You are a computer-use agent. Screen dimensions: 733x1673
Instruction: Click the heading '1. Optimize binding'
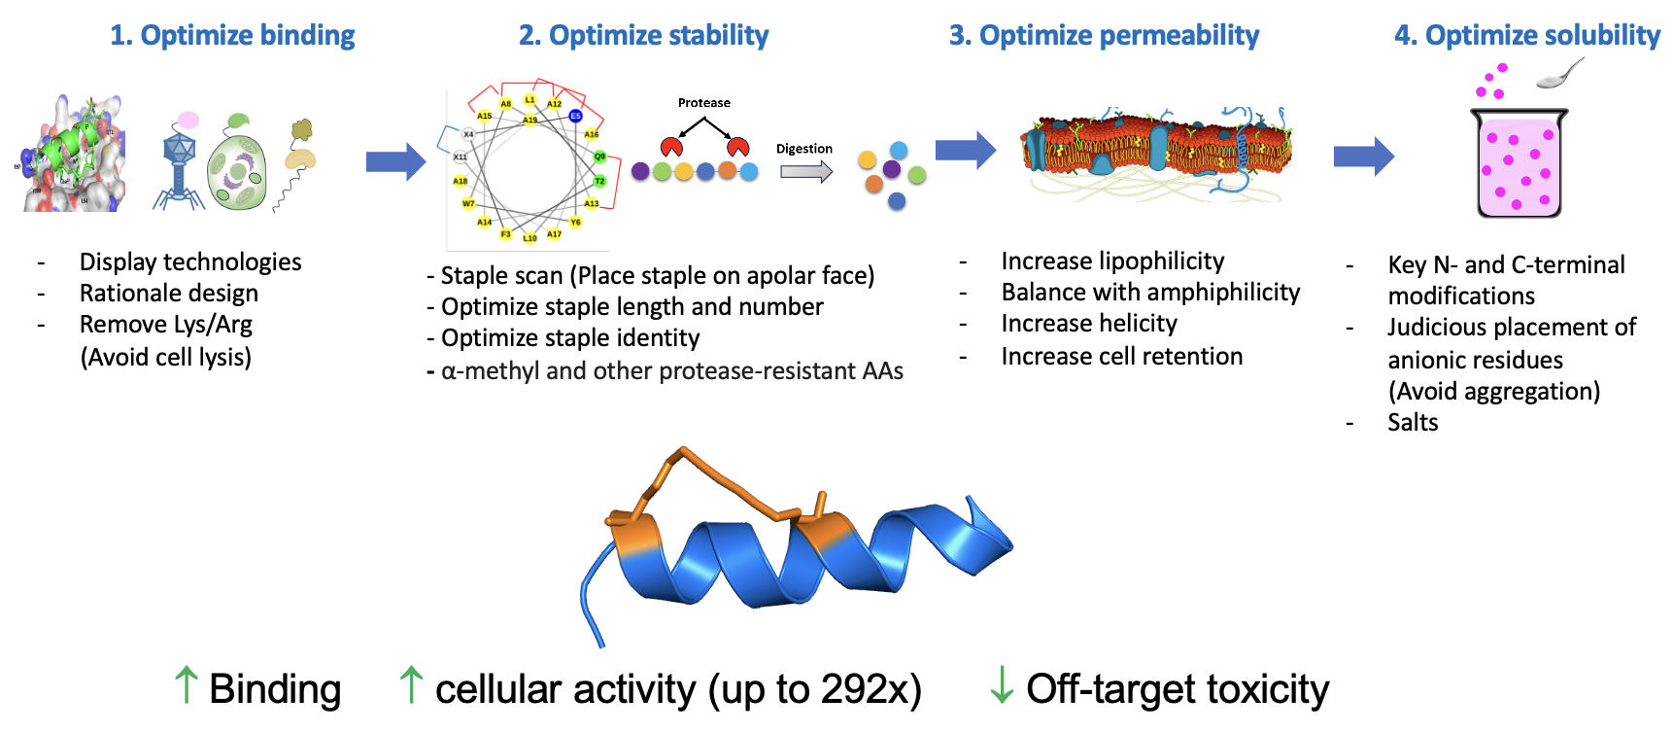pyautogui.click(x=232, y=35)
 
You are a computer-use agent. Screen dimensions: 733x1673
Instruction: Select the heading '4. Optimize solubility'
pyautogui.click(x=1526, y=35)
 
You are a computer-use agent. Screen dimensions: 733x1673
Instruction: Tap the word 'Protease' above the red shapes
pyautogui.click(x=703, y=102)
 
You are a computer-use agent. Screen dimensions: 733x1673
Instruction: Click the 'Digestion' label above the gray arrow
pyautogui.click(x=803, y=149)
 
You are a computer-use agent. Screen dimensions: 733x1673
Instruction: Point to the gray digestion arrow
pyautogui.click(x=805, y=172)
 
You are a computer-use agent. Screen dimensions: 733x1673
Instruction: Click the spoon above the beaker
pyautogui.click(x=1560, y=74)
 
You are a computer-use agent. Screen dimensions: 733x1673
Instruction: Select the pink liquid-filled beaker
pyautogui.click(x=1519, y=163)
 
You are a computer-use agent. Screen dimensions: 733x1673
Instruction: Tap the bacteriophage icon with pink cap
pyautogui.click(x=179, y=161)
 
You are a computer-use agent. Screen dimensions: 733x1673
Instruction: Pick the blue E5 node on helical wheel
pyautogui.click(x=575, y=116)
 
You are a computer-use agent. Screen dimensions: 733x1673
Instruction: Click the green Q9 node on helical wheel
pyautogui.click(x=599, y=157)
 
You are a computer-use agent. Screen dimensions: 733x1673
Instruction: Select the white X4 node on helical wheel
pyautogui.click(x=468, y=134)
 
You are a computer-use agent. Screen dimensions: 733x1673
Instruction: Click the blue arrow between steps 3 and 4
pyautogui.click(x=1363, y=156)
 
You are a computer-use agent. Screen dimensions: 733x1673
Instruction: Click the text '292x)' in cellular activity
pyautogui.click(x=871, y=689)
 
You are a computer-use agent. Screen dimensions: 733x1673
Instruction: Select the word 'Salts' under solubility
pyautogui.click(x=1413, y=422)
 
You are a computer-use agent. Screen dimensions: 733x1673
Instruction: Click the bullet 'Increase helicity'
pyautogui.click(x=1088, y=323)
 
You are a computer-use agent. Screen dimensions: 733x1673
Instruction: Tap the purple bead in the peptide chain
pyautogui.click(x=640, y=171)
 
